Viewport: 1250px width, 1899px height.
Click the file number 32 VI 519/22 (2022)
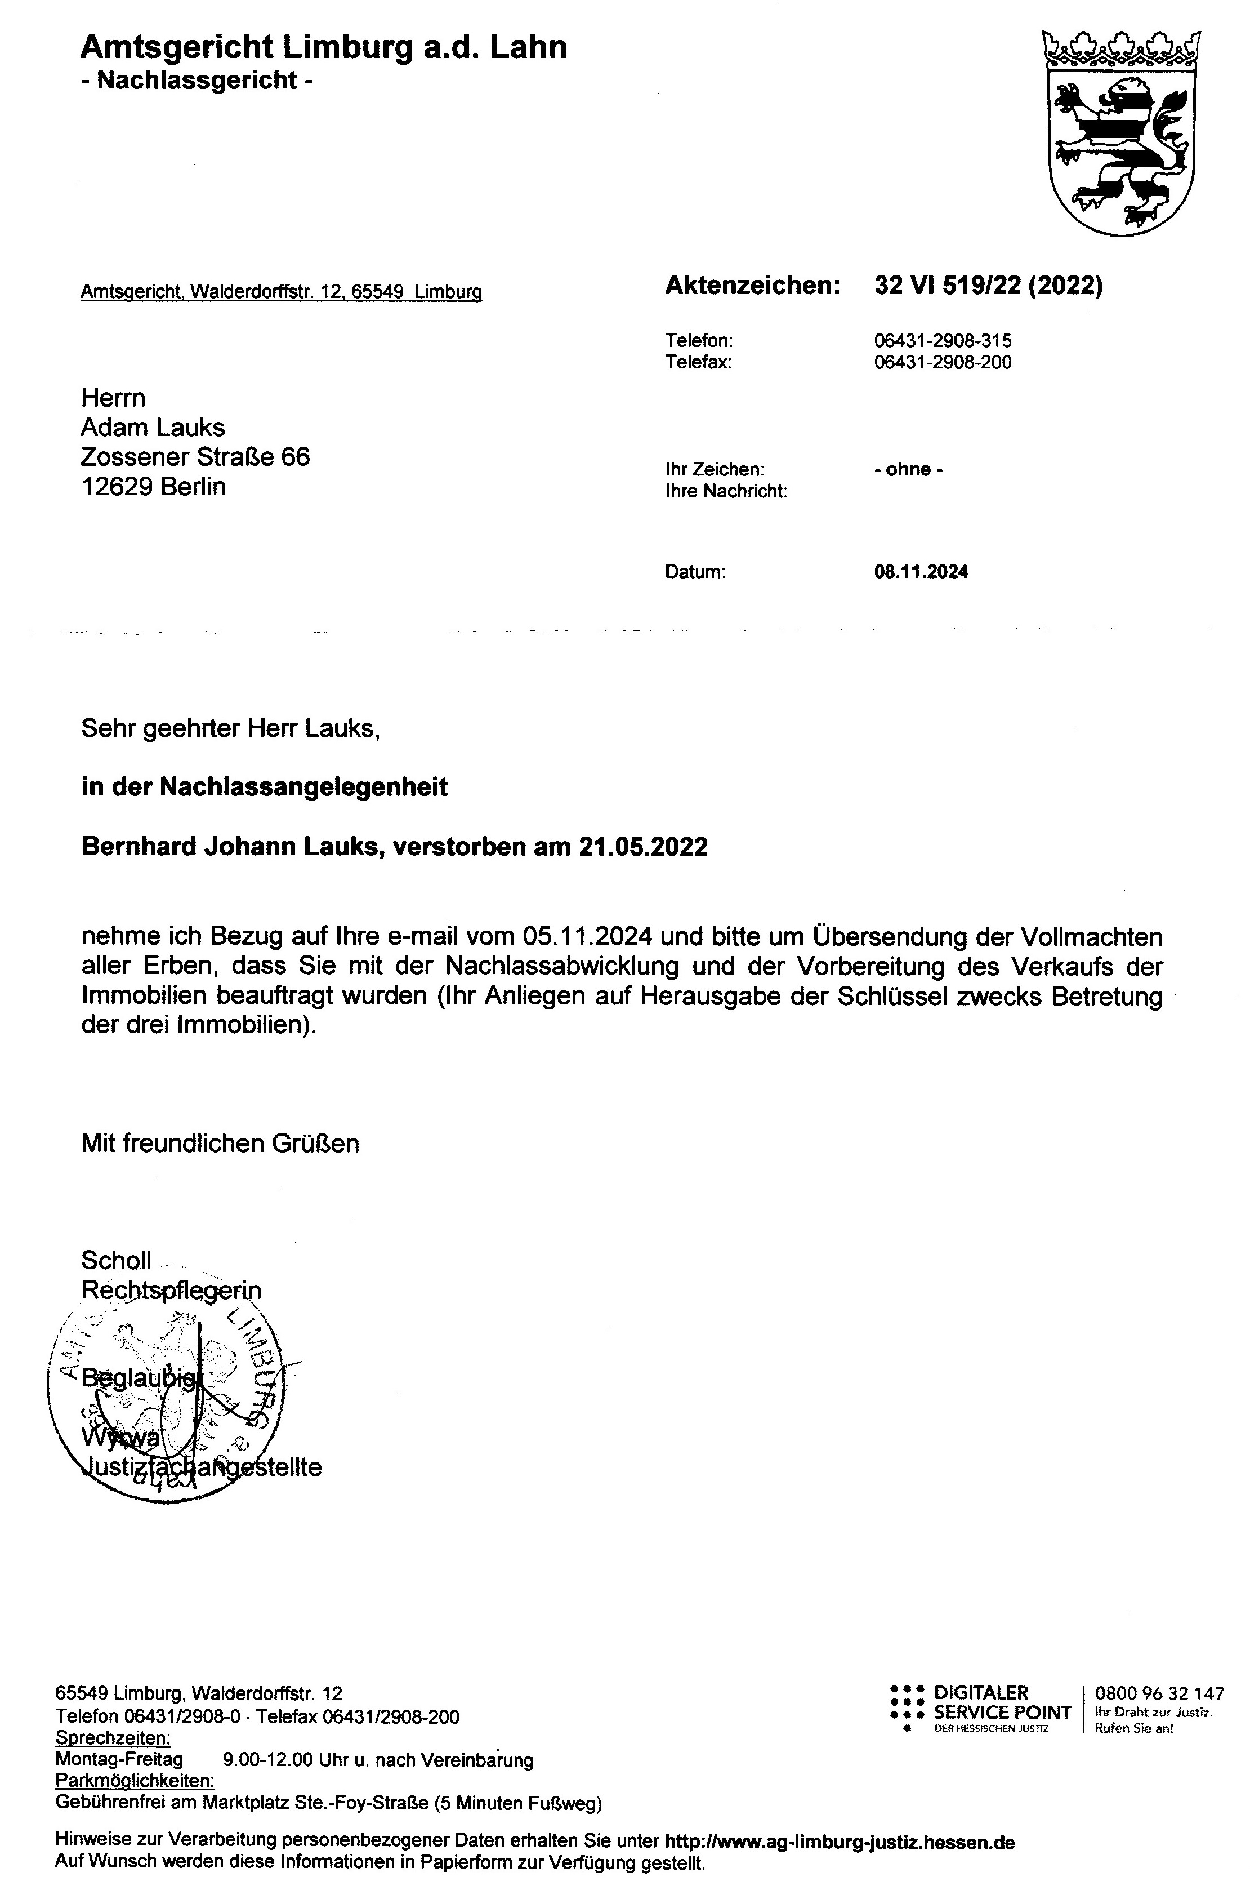pos(988,286)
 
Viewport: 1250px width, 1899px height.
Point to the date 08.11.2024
pos(921,571)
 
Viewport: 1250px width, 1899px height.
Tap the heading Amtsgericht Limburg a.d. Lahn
pos(323,48)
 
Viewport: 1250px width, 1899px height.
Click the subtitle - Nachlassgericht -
pos(197,81)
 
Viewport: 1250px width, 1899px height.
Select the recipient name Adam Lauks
pos(153,427)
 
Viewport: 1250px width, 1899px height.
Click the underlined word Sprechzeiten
pos(113,1738)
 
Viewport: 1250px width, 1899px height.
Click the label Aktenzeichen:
pos(752,286)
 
